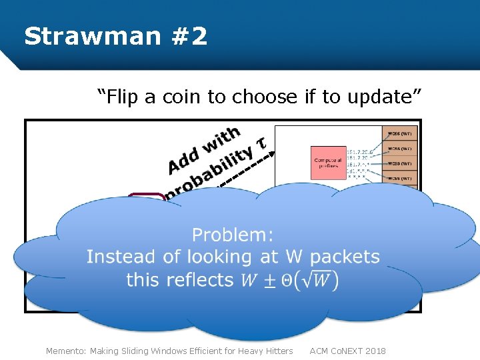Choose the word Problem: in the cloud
[233, 235]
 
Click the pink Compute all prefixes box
[328, 164]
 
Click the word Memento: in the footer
[66, 351]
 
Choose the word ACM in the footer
[320, 351]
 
